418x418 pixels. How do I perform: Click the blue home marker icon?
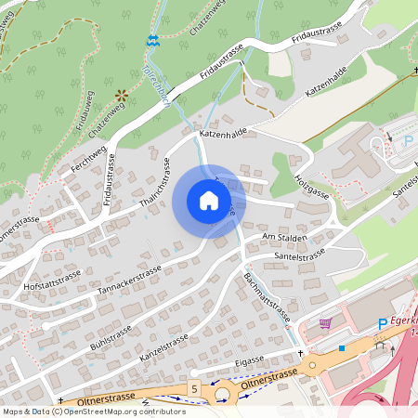click(x=209, y=201)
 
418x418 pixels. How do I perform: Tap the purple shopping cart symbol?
click(x=325, y=323)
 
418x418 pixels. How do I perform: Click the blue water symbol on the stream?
click(x=152, y=41)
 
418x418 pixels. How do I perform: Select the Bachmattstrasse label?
click(x=268, y=296)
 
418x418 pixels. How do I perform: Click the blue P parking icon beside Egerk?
click(x=382, y=323)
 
